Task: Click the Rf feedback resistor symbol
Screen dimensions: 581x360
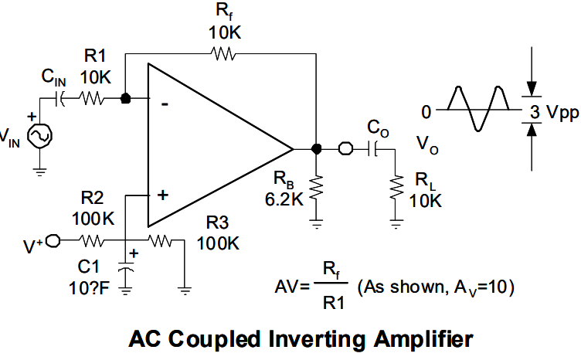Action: click(x=223, y=54)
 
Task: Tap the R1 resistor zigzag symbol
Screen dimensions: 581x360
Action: click(x=91, y=99)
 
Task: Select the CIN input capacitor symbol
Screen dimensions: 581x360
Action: click(x=59, y=99)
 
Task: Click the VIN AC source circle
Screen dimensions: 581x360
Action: click(x=40, y=136)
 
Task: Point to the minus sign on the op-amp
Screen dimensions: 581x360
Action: click(x=165, y=105)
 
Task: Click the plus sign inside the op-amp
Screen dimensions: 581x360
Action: click(x=163, y=195)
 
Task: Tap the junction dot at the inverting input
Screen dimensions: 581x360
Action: click(x=126, y=99)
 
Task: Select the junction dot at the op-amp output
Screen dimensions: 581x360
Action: click(x=316, y=149)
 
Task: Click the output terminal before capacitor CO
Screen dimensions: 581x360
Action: click(x=345, y=149)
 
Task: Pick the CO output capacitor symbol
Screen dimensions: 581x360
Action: click(x=372, y=149)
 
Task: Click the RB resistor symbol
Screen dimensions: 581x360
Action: click(x=316, y=188)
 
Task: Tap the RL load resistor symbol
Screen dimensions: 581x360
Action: click(x=396, y=188)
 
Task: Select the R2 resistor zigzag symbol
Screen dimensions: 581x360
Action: click(x=91, y=241)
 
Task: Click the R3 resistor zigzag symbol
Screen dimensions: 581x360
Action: click(x=160, y=241)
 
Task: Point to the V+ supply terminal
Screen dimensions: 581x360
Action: click(x=53, y=241)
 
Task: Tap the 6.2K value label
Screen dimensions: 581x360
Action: click(x=284, y=199)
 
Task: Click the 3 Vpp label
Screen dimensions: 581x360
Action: click(x=554, y=112)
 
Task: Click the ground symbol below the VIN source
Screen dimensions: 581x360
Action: click(x=39, y=172)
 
